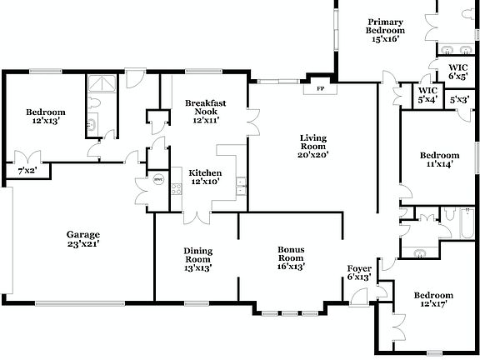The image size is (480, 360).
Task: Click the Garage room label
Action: (83, 240)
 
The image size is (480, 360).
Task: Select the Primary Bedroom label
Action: (385, 29)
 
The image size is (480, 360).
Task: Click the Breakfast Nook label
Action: (206, 111)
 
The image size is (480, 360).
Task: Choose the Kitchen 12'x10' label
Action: (206, 177)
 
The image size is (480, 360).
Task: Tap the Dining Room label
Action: (197, 259)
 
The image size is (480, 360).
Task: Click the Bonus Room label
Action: (291, 258)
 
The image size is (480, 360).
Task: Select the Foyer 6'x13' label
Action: (360, 273)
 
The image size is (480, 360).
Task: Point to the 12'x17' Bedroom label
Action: (433, 300)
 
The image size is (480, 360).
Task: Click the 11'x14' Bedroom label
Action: (438, 160)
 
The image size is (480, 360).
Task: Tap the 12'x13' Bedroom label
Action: (45, 117)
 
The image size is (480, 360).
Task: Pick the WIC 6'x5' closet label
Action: (457, 72)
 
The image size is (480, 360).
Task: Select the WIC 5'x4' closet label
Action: (427, 95)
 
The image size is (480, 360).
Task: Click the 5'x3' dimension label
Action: (459, 100)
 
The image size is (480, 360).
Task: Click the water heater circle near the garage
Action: (157, 178)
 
